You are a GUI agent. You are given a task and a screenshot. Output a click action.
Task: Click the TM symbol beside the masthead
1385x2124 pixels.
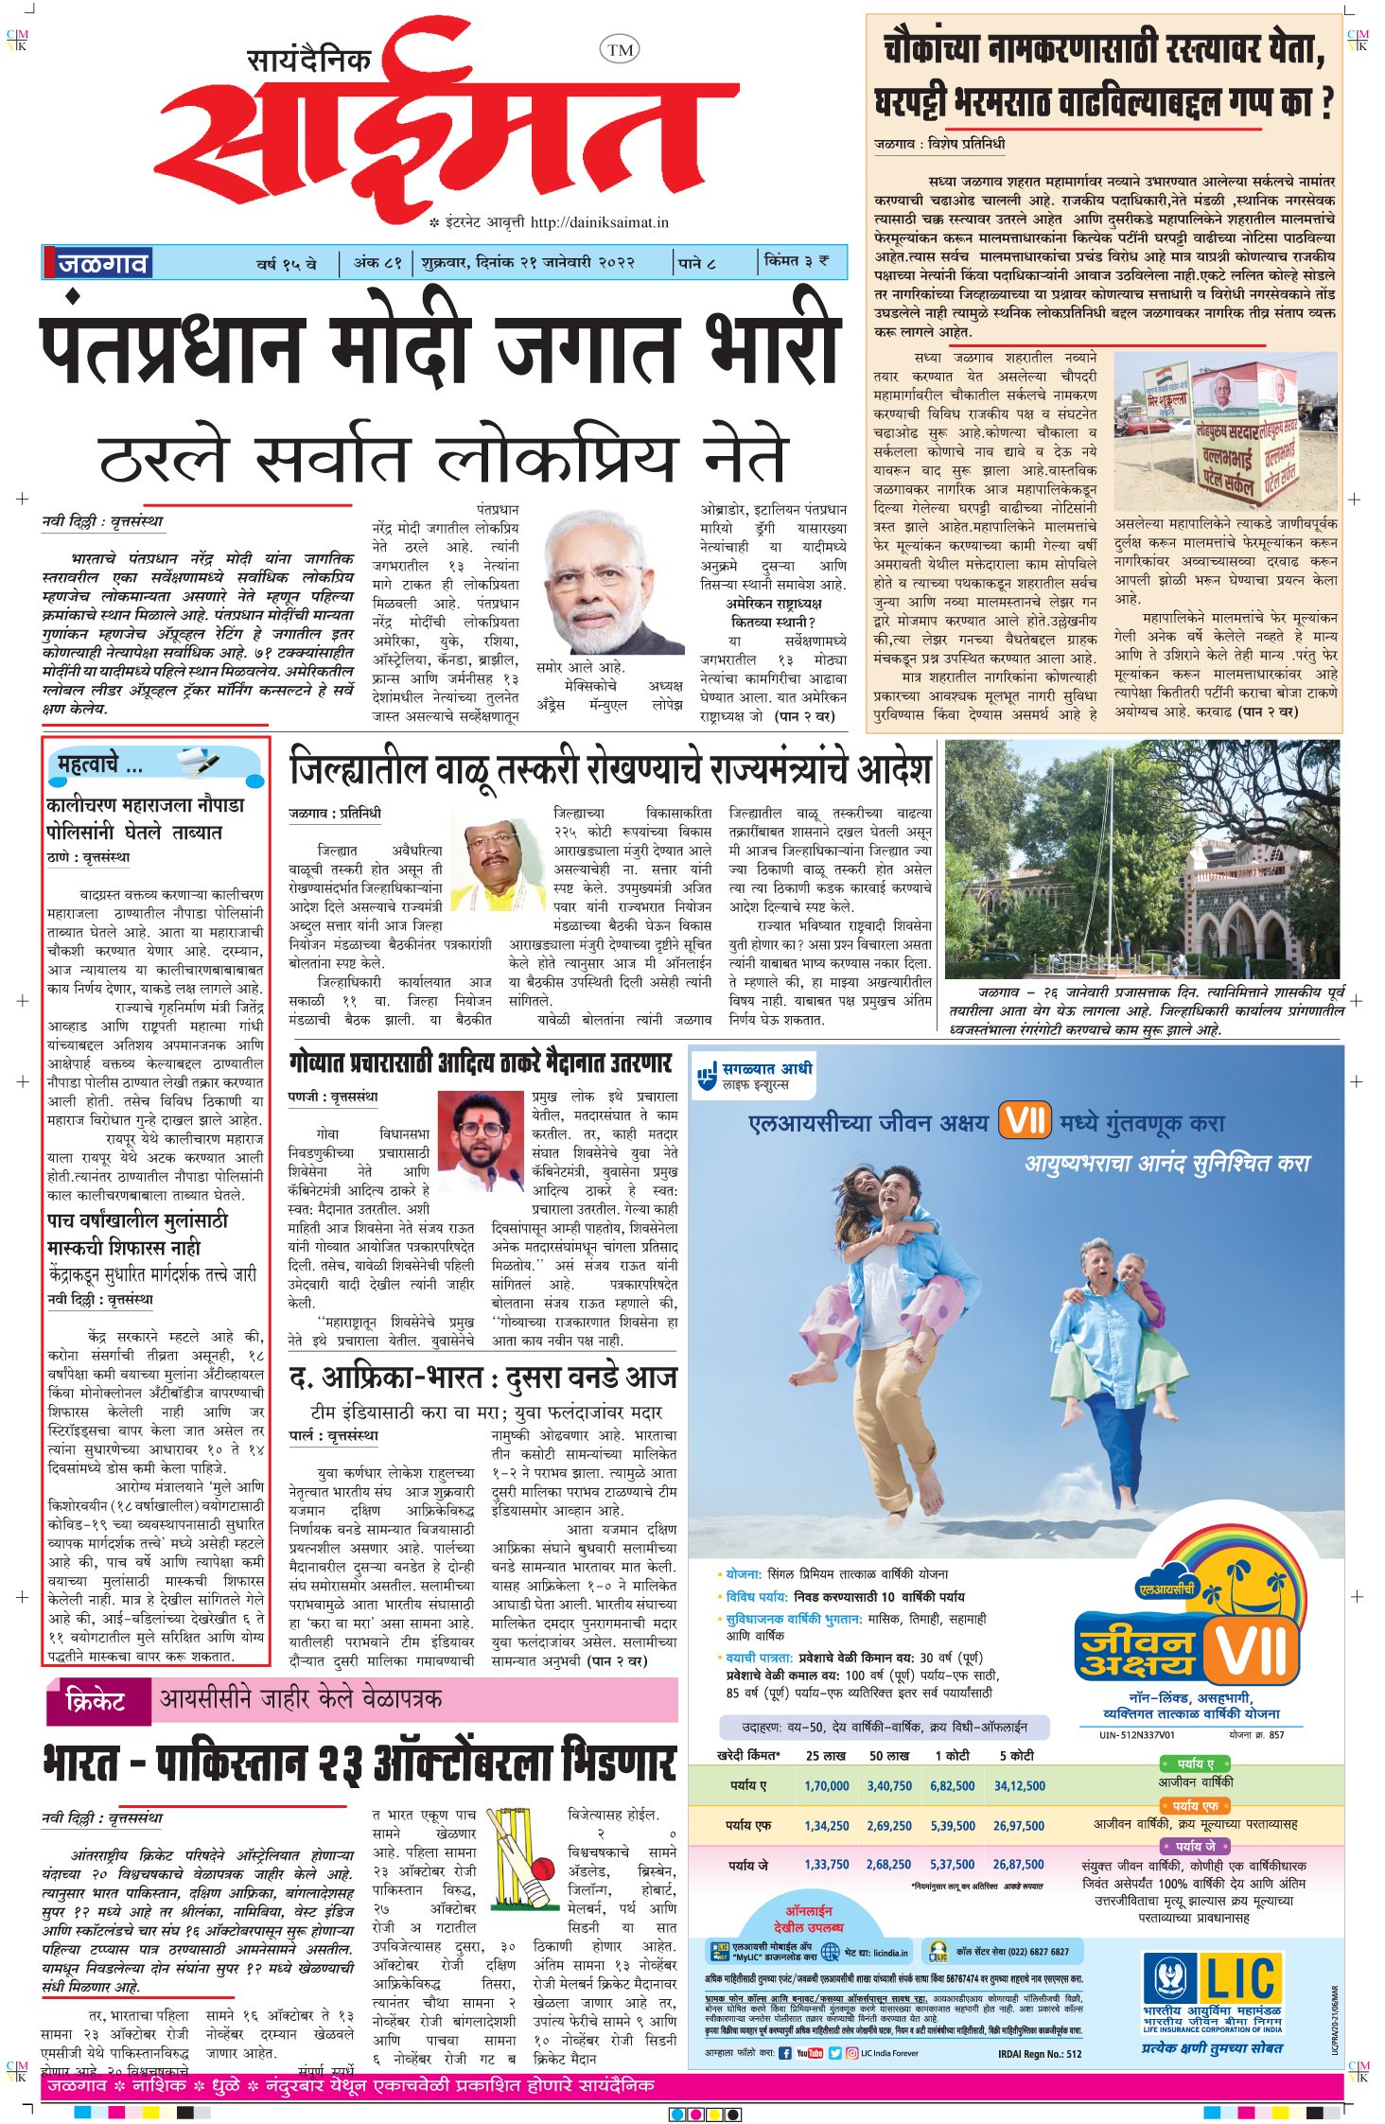pyautogui.click(x=620, y=50)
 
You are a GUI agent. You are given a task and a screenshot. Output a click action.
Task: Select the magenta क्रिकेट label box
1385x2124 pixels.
pyautogui.click(x=97, y=1701)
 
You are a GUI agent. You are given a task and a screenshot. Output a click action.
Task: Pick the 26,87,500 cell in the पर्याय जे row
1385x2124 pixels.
pyautogui.click(x=1018, y=1864)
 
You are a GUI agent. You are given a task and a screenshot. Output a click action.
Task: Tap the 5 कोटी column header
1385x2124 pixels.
pyautogui.click(x=1016, y=1755)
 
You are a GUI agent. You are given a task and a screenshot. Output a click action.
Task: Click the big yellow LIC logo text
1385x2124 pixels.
pyautogui.click(x=1242, y=1979)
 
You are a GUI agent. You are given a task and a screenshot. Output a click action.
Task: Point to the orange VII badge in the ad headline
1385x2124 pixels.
pyautogui.click(x=1025, y=1122)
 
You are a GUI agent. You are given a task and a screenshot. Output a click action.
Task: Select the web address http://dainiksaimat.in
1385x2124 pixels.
pyautogui.click(x=599, y=223)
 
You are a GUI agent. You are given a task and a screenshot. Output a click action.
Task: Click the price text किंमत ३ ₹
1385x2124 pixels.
pyautogui.click(x=797, y=261)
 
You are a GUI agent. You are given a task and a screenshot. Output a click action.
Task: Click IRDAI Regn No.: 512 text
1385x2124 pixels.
pyautogui.click(x=1039, y=2053)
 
